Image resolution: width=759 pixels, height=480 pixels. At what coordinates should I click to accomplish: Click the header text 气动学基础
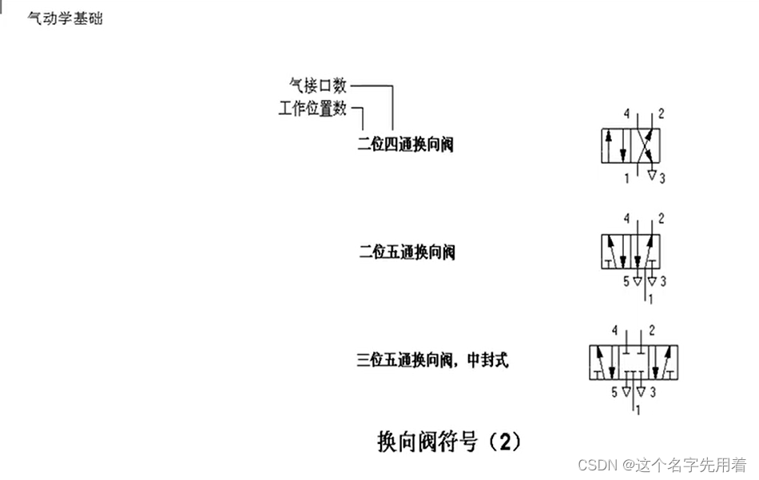pos(65,18)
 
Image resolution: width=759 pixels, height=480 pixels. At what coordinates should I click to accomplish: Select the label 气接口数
pos(317,85)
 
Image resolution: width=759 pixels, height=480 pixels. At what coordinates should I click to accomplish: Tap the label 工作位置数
pos(312,109)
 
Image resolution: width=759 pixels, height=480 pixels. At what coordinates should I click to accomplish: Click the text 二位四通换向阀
pos(405,145)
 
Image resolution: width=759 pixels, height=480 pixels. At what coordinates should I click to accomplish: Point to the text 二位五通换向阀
pos(407,252)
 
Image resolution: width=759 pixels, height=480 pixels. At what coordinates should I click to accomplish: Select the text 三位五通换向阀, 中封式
pos(432,360)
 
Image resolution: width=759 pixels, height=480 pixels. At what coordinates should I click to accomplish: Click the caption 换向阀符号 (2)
pos(448,441)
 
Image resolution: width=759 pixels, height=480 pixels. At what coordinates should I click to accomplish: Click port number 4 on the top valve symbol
pos(626,113)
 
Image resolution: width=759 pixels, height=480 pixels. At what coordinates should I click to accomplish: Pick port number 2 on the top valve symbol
pos(662,113)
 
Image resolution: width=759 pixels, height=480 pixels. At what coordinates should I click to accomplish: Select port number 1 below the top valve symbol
pos(626,178)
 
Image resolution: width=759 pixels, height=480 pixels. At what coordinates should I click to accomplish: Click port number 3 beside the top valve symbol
pos(662,178)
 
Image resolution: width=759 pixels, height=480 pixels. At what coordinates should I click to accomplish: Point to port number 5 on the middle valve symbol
pos(626,281)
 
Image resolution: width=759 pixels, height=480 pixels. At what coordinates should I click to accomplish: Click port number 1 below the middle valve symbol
pos(651,300)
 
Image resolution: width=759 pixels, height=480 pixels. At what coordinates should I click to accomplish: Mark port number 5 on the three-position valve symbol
pos(614,392)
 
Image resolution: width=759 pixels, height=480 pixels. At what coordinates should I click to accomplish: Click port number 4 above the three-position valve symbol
pos(614,330)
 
